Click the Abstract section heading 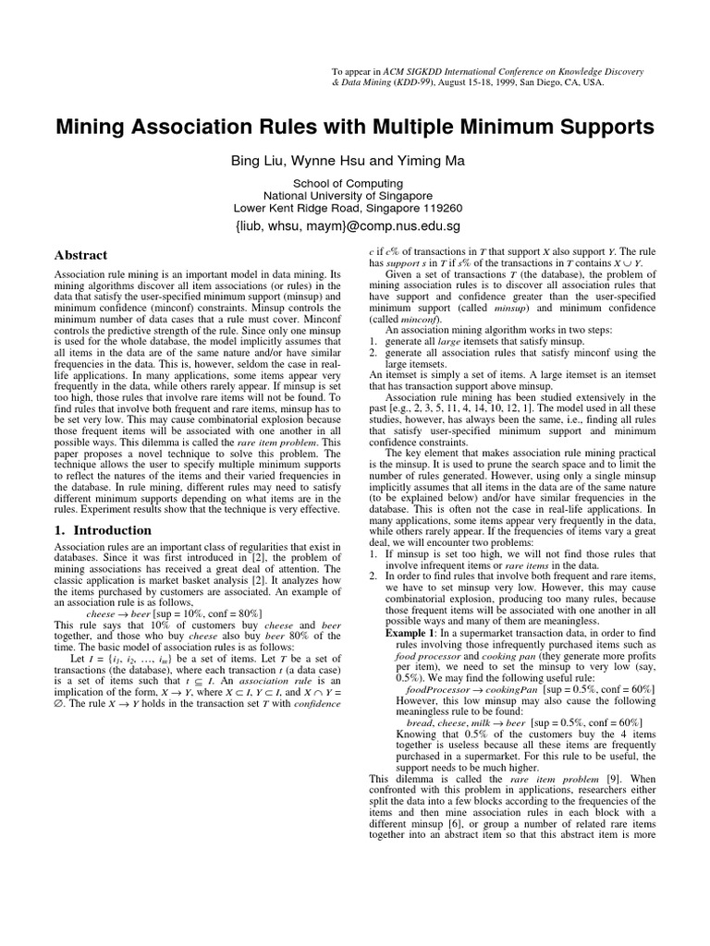pyautogui.click(x=81, y=255)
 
